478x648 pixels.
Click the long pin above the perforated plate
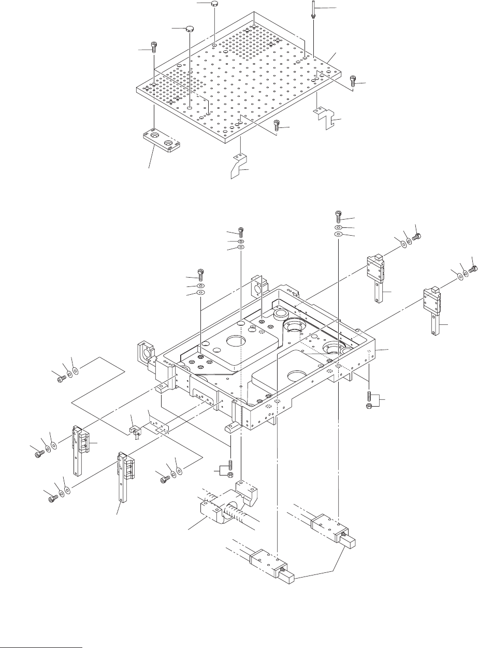point(314,9)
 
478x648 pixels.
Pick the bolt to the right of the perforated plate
point(353,80)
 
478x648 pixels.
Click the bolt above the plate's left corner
point(154,46)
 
